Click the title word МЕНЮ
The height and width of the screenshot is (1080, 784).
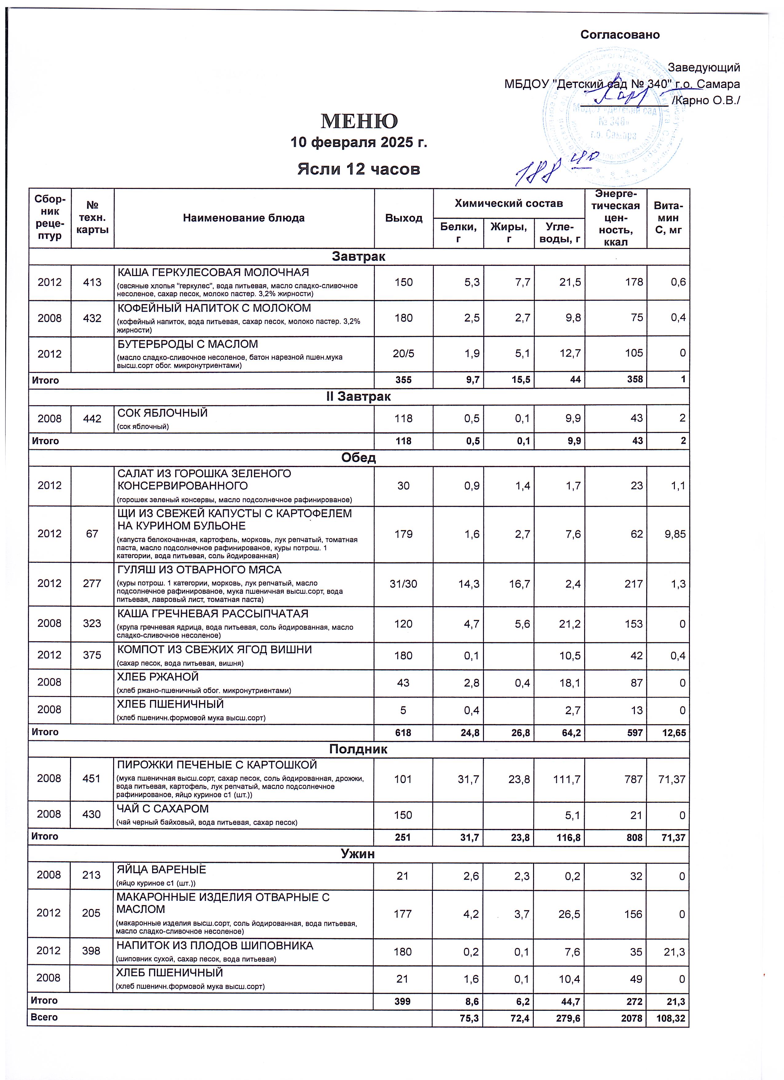(359, 121)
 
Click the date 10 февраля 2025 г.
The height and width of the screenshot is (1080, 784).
(359, 142)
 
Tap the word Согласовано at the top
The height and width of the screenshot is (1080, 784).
(620, 35)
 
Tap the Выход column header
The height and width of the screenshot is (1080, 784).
(403, 218)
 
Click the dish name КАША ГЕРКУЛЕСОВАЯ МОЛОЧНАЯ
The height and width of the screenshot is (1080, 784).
(213, 272)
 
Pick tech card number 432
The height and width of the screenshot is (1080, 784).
(92, 318)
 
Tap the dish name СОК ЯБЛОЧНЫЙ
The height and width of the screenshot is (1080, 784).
(163, 413)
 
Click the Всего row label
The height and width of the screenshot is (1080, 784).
(44, 1017)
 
